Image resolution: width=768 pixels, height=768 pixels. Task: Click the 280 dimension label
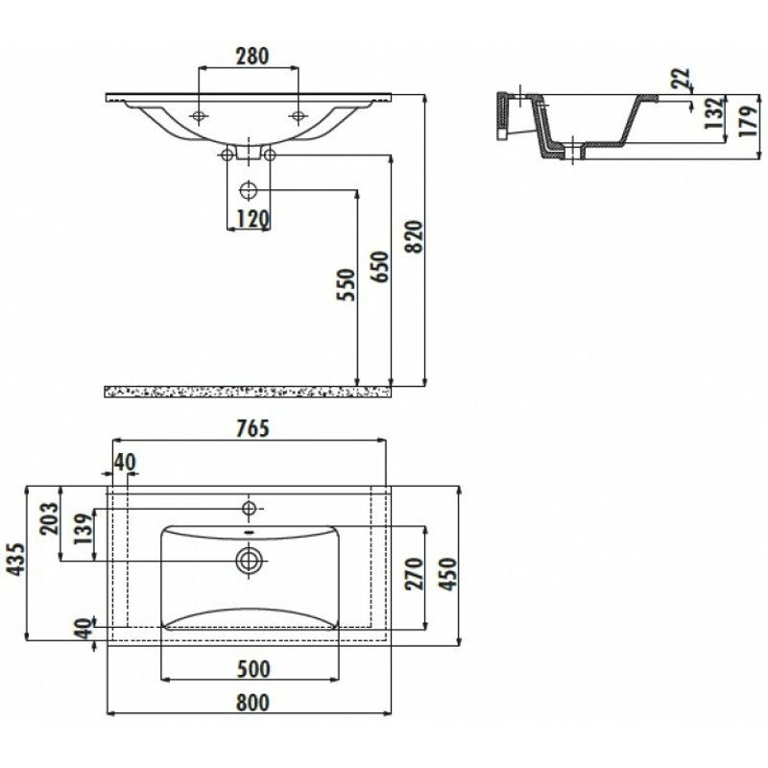point(252,56)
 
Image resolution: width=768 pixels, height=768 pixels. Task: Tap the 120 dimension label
point(252,219)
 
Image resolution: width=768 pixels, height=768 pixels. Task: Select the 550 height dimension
point(346,284)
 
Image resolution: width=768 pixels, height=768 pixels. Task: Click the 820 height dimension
point(415,237)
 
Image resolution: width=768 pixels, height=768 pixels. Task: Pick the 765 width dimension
point(252,428)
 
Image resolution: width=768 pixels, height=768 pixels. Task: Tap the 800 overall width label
point(252,703)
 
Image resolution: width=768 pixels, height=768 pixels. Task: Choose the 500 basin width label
point(252,668)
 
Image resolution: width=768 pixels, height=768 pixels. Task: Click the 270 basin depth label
point(415,573)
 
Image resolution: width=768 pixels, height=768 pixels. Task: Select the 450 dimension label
point(448,573)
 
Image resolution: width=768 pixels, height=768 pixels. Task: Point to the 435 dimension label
point(15,560)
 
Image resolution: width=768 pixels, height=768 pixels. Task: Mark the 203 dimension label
point(50,518)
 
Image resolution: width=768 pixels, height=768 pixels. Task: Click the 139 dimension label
point(83,529)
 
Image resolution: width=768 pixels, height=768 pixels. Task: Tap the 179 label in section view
point(748,121)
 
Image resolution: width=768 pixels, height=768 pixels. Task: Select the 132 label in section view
point(714,113)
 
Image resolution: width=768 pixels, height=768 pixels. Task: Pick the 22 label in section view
point(681,79)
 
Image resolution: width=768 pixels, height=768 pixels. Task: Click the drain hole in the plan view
point(250,560)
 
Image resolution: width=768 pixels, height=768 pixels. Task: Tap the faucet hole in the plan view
point(250,509)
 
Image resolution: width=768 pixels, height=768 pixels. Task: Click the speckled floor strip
point(248,392)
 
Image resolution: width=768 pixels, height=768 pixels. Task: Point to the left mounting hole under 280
point(199,116)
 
